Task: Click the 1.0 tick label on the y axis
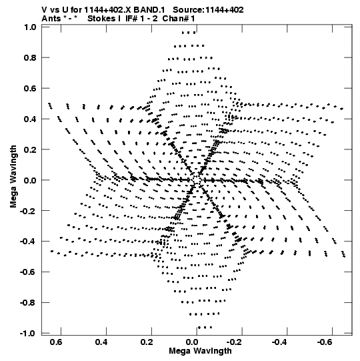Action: pyautogui.click(x=30, y=27)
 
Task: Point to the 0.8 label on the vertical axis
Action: pyautogui.click(x=30, y=58)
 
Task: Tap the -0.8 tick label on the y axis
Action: pyautogui.click(x=28, y=303)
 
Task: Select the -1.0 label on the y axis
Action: pyautogui.click(x=28, y=334)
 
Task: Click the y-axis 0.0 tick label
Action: pyautogui.click(x=30, y=180)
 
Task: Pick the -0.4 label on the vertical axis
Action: pyautogui.click(x=28, y=242)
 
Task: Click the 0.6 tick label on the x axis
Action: pyautogui.click(x=56, y=342)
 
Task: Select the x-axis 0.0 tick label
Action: pyautogui.click(x=192, y=342)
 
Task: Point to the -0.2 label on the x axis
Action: pyautogui.click(x=235, y=342)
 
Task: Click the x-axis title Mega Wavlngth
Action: pyautogui.click(x=200, y=351)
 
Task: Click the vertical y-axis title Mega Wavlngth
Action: pyautogui.click(x=13, y=176)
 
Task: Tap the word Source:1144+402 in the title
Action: pyautogui.click(x=208, y=10)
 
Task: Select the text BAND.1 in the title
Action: pyautogui.click(x=149, y=10)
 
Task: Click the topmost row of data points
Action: pyautogui.click(x=189, y=33)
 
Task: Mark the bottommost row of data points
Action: pyautogui.click(x=205, y=328)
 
